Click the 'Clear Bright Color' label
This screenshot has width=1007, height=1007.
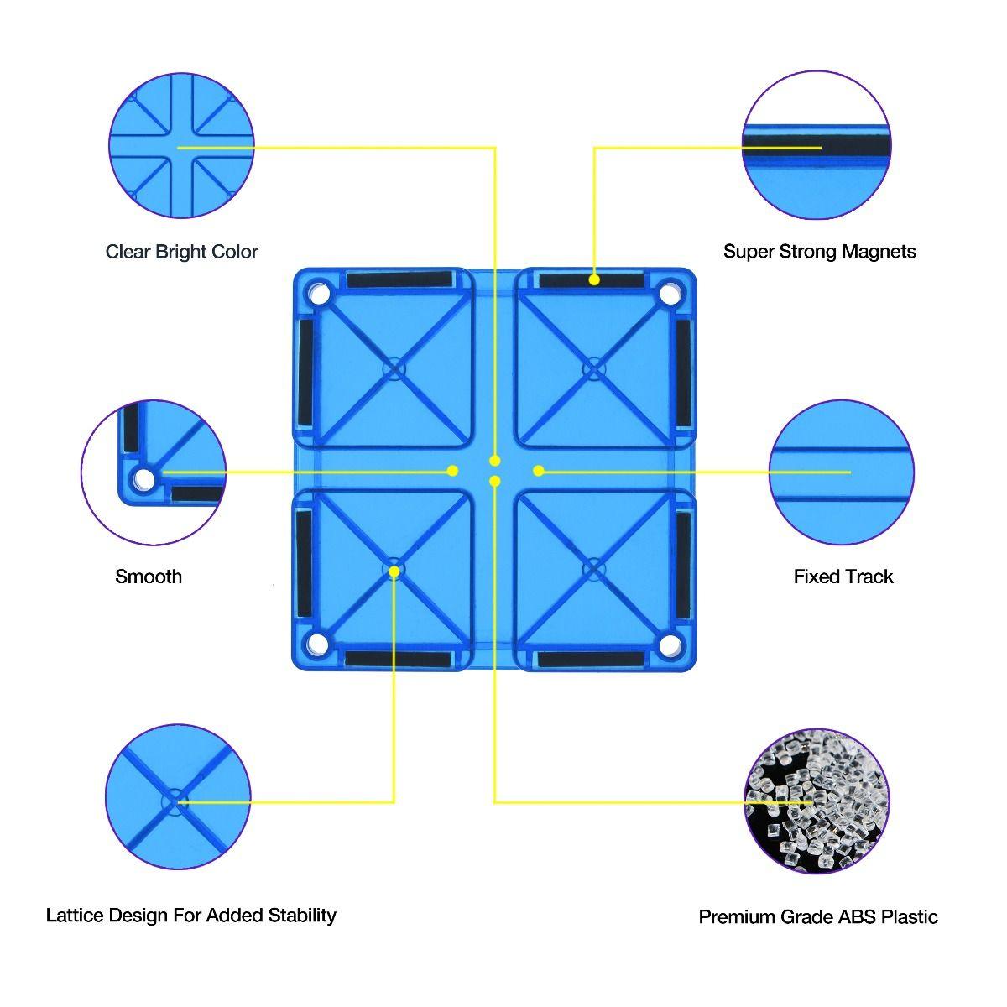pos(182,252)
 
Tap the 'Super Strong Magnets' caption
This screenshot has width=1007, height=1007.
pos(819,252)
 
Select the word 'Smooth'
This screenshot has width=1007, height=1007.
pos(149,577)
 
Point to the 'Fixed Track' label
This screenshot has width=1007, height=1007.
pos(843,577)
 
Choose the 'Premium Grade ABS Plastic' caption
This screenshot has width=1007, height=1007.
pos(818,917)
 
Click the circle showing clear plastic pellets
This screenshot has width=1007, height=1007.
pos(817,801)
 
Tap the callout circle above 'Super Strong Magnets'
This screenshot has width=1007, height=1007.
pos(817,146)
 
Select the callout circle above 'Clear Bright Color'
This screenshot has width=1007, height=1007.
pos(181,146)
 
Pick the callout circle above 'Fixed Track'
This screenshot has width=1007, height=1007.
pos(842,472)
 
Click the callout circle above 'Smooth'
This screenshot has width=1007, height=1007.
pos(154,472)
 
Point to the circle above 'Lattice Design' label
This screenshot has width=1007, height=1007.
pos(179,797)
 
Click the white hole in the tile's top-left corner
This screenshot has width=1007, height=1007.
pos(319,295)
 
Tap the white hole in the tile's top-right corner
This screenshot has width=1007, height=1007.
pos(670,295)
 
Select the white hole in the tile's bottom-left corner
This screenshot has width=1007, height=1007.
pos(317,644)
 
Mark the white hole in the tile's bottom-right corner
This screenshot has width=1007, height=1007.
pos(669,644)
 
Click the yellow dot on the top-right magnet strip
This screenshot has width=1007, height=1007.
pos(594,279)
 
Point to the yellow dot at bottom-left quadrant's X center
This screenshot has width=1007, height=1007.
pos(394,571)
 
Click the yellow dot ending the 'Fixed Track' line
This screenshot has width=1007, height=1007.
pos(539,471)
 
